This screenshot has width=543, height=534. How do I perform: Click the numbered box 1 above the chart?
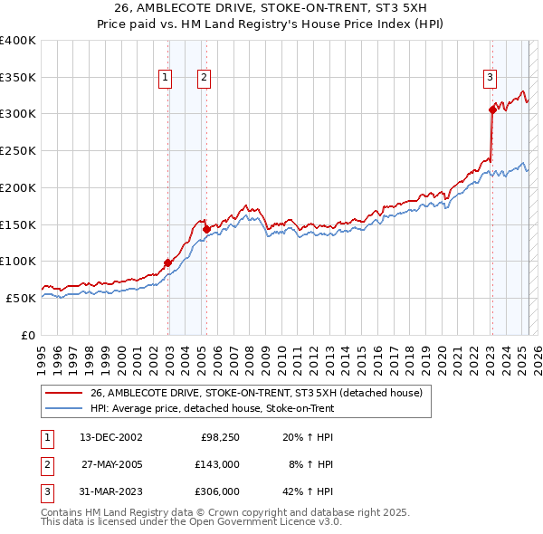167,79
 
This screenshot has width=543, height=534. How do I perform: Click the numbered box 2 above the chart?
205,79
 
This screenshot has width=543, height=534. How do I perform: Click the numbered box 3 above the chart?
490,79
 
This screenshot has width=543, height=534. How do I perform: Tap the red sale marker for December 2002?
168,262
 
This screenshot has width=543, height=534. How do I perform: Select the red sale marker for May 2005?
206,229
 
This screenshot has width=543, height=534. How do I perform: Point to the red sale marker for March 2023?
492,110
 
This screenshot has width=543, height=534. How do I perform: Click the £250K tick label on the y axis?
18,150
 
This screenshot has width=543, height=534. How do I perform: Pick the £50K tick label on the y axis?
22,298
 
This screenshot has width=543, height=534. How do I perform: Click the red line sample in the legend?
64,394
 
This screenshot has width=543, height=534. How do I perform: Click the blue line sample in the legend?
64,408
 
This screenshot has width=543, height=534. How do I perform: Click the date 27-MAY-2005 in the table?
110,464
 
